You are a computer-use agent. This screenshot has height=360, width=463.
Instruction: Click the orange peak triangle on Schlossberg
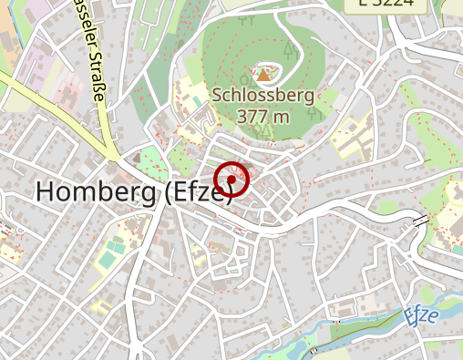click(x=263, y=76)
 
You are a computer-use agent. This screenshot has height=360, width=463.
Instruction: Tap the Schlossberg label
click(x=262, y=95)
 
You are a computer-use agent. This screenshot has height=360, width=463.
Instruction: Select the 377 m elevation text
click(x=262, y=116)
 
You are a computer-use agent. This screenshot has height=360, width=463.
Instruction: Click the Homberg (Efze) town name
click(x=133, y=191)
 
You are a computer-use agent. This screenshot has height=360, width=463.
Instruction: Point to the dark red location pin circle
click(x=231, y=180)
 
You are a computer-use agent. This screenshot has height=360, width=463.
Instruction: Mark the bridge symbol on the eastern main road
click(x=420, y=221)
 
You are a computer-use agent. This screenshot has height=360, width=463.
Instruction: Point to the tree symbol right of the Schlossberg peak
click(x=313, y=112)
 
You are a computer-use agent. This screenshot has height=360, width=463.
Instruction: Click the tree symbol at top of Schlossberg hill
click(x=244, y=15)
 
